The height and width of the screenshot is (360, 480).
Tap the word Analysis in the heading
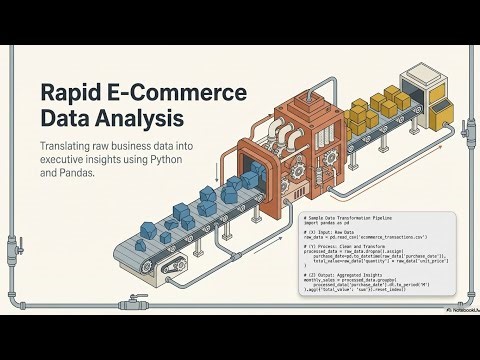139,119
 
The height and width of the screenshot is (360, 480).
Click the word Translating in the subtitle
67,146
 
